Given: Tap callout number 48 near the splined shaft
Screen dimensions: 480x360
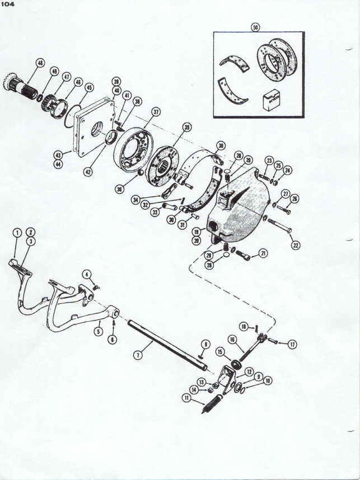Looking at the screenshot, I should pos(40,63).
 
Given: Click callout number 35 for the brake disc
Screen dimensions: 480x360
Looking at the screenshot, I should pos(186,127).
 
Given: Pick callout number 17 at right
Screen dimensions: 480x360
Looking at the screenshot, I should pos(292,345).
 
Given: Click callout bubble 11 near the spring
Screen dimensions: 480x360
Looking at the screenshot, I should pos(185,398).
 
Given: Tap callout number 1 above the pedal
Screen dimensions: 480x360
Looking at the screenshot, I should pos(17,232).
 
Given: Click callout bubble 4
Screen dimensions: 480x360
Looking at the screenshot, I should pos(86,274).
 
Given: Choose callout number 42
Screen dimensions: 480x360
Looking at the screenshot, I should pos(87,172).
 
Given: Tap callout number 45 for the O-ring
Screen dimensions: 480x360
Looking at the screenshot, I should pos(89,87).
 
